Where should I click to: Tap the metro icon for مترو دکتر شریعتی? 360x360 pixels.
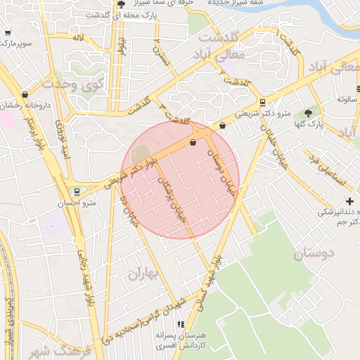click(x=262, y=102)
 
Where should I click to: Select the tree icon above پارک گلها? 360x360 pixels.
click(x=308, y=114)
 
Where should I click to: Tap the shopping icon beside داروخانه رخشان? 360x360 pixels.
click(x=26, y=94)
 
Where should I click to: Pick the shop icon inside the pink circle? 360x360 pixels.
click(x=193, y=143)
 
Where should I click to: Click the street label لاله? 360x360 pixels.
click(x=78, y=37)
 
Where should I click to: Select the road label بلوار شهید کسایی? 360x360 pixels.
click(x=211, y=274)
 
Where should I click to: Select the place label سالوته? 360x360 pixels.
click(x=347, y=99)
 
